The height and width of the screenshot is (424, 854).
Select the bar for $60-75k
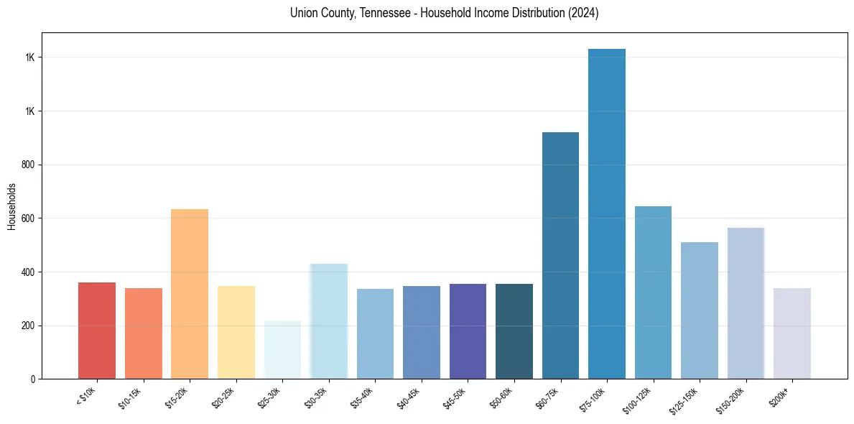point(560,255)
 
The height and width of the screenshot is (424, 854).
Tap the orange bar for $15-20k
point(190,294)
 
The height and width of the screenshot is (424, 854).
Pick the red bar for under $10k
point(97,331)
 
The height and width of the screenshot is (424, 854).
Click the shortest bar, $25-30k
point(282,349)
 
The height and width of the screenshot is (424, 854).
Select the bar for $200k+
point(792,333)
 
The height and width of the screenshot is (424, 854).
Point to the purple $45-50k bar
point(468,331)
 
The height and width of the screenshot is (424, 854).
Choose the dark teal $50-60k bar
point(514,331)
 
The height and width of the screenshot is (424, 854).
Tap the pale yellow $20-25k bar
point(236,332)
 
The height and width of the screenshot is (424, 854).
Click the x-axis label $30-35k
point(316,397)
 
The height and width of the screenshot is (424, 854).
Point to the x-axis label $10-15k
point(131,397)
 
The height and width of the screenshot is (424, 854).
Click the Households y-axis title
point(11,206)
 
